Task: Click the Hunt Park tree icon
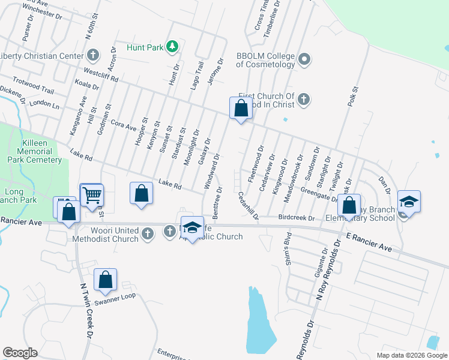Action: pyautogui.click(x=172, y=46)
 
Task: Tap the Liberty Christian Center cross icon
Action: pyautogui.click(x=92, y=56)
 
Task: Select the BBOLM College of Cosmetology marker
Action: pyautogui.click(x=305, y=59)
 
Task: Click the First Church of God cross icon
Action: pyautogui.click(x=304, y=99)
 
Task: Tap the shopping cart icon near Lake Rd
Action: pyautogui.click(x=92, y=194)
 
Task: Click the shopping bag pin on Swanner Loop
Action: pyautogui.click(x=105, y=279)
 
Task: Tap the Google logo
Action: pyautogui.click(x=20, y=353)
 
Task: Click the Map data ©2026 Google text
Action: pyautogui.click(x=412, y=355)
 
